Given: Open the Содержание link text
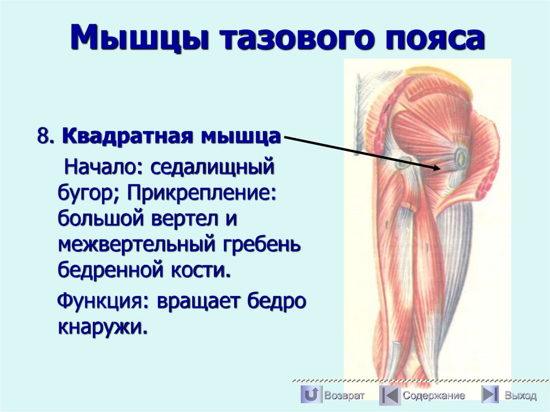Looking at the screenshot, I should [x=434, y=396].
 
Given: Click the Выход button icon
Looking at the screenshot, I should [x=489, y=395].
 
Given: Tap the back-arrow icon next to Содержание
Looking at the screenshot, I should [x=390, y=395].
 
